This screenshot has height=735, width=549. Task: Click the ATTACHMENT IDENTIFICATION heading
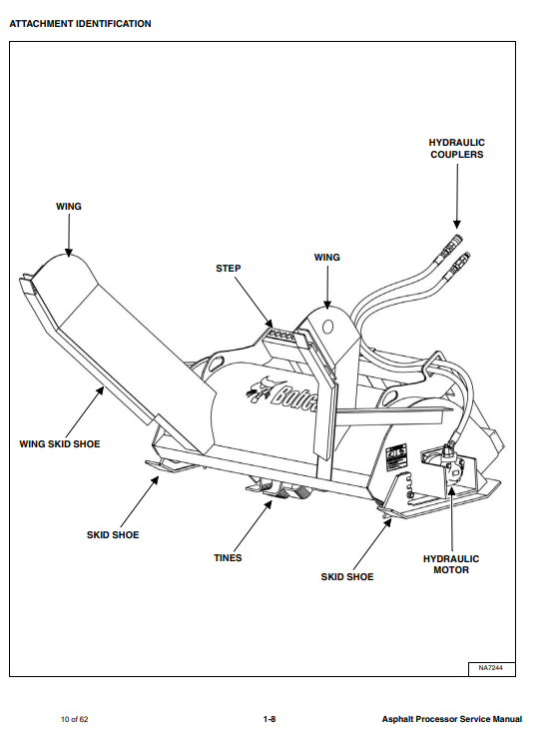pos(80,23)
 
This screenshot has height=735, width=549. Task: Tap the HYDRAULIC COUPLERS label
pos(457,149)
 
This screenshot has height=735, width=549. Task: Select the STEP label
pos(229,269)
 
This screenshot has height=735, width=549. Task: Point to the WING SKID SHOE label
pos(60,444)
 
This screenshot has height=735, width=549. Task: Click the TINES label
pos(228,558)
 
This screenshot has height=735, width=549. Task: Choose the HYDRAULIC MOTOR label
pos(451,564)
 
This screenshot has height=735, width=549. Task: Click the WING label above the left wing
pos(69,207)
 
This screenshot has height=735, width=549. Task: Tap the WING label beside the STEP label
pos(327,258)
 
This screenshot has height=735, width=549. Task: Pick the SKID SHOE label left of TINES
pos(113,535)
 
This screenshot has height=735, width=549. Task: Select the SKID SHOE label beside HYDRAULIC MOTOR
pos(347,577)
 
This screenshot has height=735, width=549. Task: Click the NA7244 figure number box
pos(491,668)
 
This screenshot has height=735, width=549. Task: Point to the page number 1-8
pos(270,719)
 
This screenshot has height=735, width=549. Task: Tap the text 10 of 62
pos(75,719)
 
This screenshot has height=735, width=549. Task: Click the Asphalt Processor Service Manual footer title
pos(451,719)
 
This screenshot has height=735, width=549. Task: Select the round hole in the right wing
pos(328,327)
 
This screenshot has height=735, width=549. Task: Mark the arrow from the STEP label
pos(254,302)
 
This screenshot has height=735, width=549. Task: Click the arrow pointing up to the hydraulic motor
pos(452,519)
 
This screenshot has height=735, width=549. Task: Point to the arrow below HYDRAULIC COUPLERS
pos(457,196)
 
